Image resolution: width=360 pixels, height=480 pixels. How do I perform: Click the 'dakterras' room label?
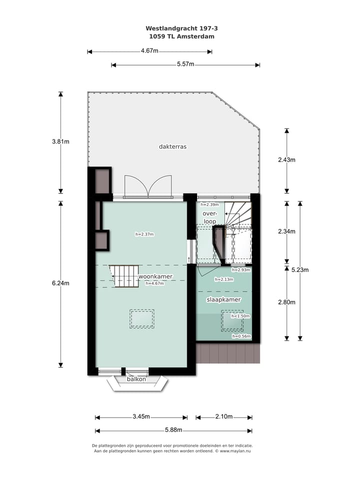tap(172, 147)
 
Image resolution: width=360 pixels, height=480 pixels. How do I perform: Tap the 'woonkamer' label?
tap(155, 276)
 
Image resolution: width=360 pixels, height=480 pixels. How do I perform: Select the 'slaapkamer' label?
tap(223, 300)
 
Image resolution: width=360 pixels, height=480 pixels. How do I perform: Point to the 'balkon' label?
tap(136, 379)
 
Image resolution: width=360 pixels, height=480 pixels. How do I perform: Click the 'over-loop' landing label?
tap(209, 217)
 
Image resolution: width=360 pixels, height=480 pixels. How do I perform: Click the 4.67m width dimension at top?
tap(149, 51)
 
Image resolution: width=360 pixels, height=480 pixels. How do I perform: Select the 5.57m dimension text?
tap(185, 64)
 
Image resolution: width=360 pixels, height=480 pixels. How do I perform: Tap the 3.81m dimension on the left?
tap(60, 141)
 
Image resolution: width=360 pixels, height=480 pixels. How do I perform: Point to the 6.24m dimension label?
tap(60, 283)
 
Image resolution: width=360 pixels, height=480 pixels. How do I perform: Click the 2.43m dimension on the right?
tap(286, 160)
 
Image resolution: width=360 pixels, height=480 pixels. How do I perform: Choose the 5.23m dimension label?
tap(300, 270)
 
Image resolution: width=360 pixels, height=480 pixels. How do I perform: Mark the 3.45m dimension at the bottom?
tap(141, 417)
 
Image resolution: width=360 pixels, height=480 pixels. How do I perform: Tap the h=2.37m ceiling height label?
tap(144, 234)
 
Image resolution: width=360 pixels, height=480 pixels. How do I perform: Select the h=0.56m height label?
tap(240, 336)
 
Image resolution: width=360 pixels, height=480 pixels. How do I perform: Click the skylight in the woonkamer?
tap(142, 318)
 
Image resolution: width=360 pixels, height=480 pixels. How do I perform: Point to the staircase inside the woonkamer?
tap(124, 276)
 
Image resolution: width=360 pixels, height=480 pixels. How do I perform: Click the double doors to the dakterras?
tap(148, 187)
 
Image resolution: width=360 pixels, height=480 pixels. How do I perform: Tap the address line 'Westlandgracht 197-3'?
tap(174, 29)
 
